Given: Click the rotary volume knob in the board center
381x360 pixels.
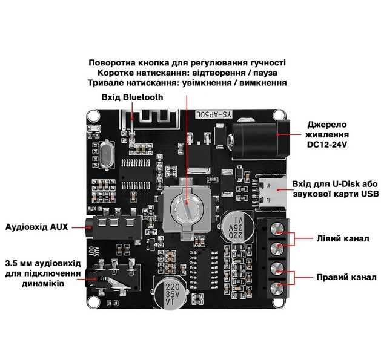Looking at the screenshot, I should (x=186, y=208).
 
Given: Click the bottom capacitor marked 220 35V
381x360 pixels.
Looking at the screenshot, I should (x=173, y=293).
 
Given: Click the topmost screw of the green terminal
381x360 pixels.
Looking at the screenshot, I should (x=277, y=228).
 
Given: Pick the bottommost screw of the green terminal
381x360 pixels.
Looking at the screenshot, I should (x=277, y=287).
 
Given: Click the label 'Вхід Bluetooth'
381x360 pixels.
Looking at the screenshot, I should (x=131, y=97).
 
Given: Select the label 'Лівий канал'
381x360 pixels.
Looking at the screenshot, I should (x=342, y=238).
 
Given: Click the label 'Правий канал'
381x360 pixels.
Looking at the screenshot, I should (x=344, y=278).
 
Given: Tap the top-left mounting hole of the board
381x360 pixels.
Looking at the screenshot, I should (x=93, y=115).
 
